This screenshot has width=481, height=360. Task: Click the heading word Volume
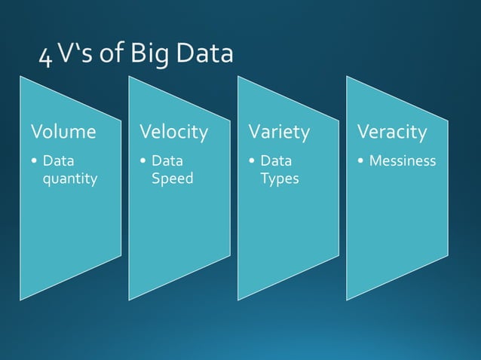pos(63,133)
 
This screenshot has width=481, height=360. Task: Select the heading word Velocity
pos(173,133)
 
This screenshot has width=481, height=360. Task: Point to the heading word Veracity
pos(392,133)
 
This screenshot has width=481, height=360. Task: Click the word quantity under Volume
pos(70,179)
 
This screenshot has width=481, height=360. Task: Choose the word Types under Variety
pos(280,178)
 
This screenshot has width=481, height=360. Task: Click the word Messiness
pos(403,160)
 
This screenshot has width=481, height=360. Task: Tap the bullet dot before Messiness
pos(362,161)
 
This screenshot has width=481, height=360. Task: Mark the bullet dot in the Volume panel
pos(35,161)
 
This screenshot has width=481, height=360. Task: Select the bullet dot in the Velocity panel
pos(143,161)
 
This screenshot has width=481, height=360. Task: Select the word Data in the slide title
pos(204,54)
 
